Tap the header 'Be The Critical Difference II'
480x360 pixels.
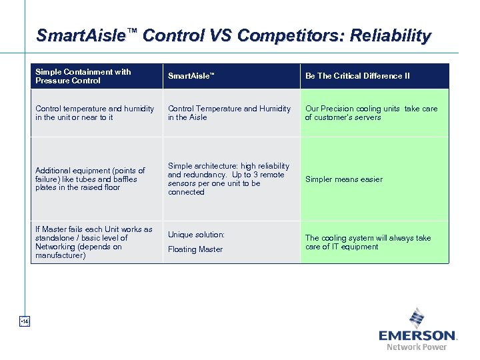[x=357, y=76]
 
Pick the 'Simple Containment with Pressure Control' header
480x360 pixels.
[x=83, y=76]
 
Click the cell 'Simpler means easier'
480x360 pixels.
[x=344, y=179]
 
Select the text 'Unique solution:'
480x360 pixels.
[x=196, y=235]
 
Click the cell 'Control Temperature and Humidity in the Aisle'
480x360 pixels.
[x=229, y=113]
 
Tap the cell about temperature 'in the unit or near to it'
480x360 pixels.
[x=94, y=113]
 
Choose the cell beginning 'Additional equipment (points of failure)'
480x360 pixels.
[x=90, y=179]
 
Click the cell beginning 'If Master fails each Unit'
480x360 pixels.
[x=93, y=242]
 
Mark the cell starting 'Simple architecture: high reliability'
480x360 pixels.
[x=229, y=179]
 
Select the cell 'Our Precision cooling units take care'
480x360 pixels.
[x=371, y=113]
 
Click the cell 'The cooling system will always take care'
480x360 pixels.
[x=368, y=242]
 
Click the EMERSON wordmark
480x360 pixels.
[x=417, y=335]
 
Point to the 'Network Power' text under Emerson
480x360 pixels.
[x=417, y=347]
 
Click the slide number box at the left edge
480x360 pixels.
[x=25, y=322]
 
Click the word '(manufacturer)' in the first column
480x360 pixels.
[x=61, y=255]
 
